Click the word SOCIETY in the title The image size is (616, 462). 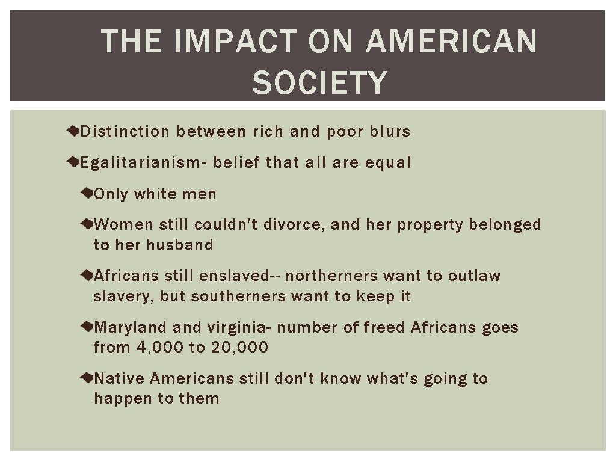point(319,82)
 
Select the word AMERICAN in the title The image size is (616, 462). point(451,42)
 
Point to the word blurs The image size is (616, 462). point(390,131)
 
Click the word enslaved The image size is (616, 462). point(233,276)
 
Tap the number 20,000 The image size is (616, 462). point(239,347)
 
